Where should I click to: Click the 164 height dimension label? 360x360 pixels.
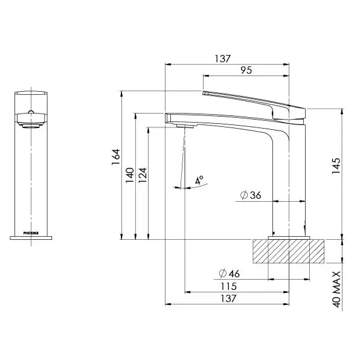point(116,157)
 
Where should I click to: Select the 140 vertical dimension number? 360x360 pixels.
point(130,175)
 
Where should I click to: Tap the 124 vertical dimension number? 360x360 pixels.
point(143,175)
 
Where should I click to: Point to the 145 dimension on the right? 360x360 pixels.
point(336,166)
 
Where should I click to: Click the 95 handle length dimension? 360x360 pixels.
point(246,70)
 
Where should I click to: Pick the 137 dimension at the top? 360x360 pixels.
point(222,59)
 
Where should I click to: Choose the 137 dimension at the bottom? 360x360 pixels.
point(228,298)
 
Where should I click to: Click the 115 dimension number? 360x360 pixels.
point(228,286)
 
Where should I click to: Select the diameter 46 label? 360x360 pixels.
point(229,274)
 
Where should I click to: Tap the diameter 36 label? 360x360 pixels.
point(251,195)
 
